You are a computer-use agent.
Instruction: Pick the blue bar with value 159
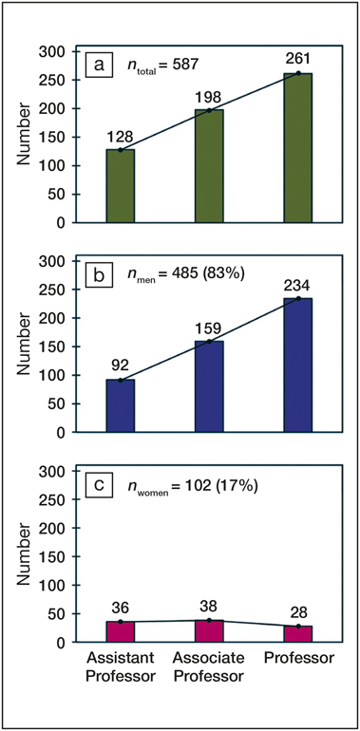209,386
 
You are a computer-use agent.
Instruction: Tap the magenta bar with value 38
209,631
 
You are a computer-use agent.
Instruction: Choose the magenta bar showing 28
297,634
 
